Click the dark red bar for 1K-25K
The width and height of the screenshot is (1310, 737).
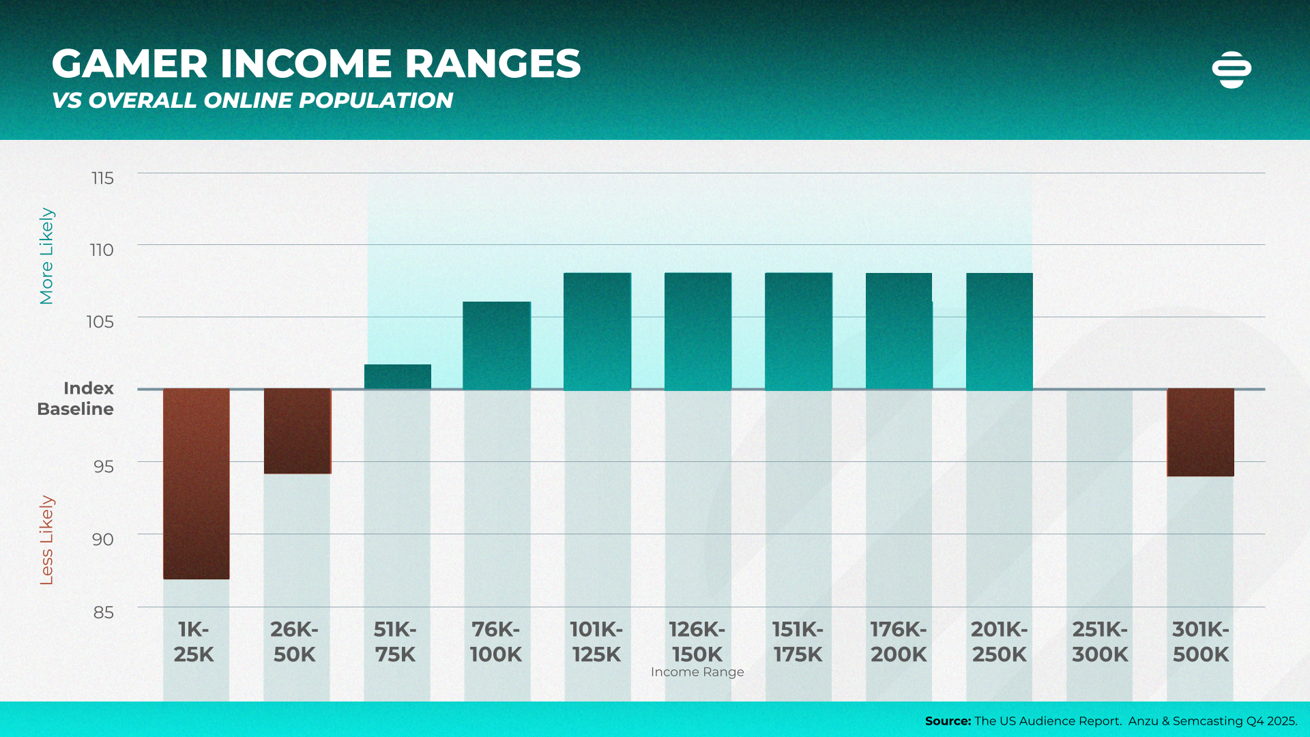pos(196,483)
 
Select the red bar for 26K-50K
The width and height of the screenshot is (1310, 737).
pos(297,431)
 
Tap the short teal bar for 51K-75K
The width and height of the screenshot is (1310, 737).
pos(398,377)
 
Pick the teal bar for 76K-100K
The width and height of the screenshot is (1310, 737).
pos(497,345)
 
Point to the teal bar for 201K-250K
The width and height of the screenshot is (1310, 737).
pos(1000,331)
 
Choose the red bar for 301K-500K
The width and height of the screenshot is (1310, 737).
pos(1201,432)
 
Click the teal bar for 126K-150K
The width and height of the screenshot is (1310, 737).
pos(698,331)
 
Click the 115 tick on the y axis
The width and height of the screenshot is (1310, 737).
pos(102,178)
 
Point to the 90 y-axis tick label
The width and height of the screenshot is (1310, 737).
pos(102,539)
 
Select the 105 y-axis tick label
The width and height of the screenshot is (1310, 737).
pos(100,321)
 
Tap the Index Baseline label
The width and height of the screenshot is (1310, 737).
pos(76,399)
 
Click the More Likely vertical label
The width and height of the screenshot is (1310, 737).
pos(46,256)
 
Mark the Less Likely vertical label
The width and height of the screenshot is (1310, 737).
pos(46,540)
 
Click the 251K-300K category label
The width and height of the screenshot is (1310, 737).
pos(1100,641)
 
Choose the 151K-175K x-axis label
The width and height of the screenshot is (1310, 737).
pos(798,641)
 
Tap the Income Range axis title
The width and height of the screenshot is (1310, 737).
pos(697,672)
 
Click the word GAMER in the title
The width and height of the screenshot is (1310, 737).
pos(130,64)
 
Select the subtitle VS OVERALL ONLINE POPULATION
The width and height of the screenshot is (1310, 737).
pos(252,100)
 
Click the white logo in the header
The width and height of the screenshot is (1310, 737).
pos(1232,70)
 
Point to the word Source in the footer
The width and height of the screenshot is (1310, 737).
pos(947,721)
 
